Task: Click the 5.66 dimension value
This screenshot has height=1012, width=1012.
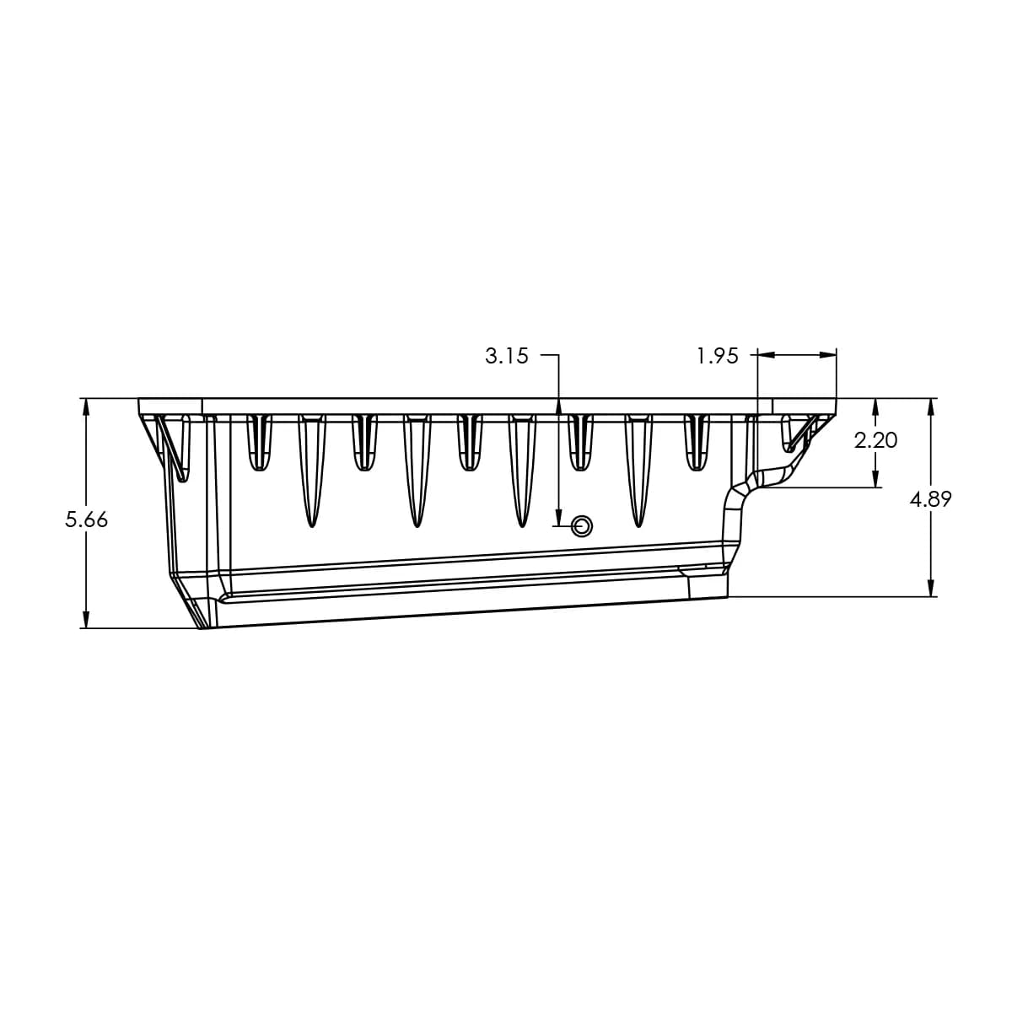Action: [x=87, y=519]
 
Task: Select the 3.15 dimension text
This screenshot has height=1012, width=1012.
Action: [x=506, y=356]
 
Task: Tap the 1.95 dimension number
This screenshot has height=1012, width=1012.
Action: [x=717, y=356]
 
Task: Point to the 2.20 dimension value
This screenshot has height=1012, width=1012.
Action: [x=875, y=439]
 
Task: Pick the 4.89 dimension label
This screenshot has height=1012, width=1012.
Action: [x=930, y=499]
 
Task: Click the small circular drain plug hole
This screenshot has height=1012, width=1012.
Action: [x=581, y=527]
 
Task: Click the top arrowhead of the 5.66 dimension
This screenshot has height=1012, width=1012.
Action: [x=86, y=406]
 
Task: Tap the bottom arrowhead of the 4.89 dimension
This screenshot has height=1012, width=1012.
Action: [x=930, y=589]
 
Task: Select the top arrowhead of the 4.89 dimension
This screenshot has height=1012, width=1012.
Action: [x=930, y=406]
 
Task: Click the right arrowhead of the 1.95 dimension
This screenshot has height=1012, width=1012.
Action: [x=828, y=356]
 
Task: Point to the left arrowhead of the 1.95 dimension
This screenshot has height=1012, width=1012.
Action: [x=767, y=356]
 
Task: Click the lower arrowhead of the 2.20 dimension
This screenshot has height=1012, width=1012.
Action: [x=875, y=479]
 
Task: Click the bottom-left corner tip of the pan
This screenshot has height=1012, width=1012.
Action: [x=201, y=627]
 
